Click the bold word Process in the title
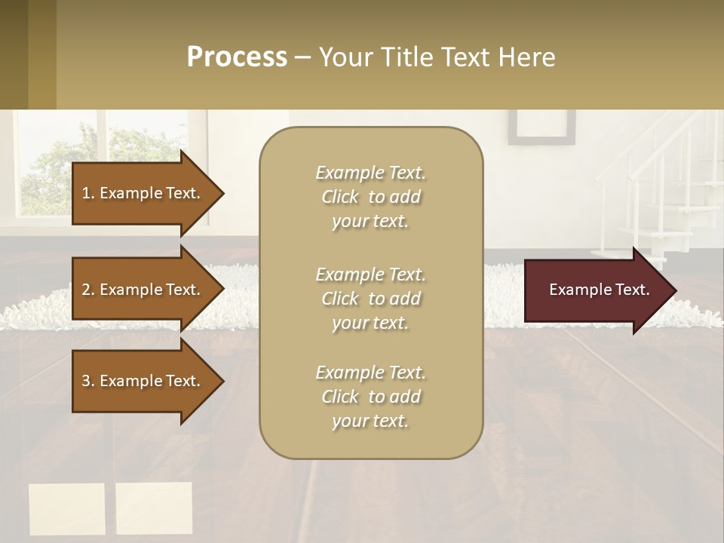[237, 57]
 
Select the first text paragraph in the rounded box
[370, 197]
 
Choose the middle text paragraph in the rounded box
[370, 299]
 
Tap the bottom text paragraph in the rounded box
[370, 397]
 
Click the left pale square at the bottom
[66, 509]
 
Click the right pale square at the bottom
[154, 508]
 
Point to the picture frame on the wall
[541, 127]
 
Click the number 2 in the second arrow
[86, 290]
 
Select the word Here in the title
[529, 57]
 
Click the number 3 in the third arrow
[86, 381]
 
